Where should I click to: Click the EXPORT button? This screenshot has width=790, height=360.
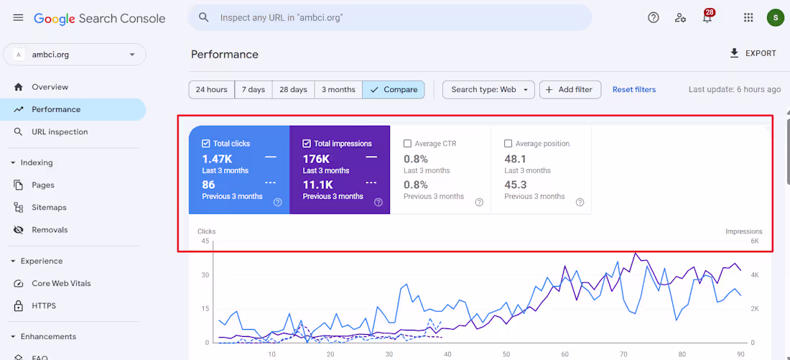click(753, 53)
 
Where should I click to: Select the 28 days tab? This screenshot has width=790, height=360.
click(293, 90)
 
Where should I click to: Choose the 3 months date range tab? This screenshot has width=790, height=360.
click(338, 90)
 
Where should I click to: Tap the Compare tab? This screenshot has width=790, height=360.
click(394, 90)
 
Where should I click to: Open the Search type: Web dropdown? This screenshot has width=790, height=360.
click(488, 90)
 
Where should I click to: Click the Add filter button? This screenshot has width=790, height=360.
click(570, 90)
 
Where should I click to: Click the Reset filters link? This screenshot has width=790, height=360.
click(634, 90)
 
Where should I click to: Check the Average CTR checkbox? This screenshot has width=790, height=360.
click(408, 144)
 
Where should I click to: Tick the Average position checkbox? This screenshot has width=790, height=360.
click(508, 144)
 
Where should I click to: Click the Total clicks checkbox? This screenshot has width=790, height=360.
click(205, 144)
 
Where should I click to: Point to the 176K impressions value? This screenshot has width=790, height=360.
click(316, 160)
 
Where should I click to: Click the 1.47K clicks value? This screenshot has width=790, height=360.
click(217, 160)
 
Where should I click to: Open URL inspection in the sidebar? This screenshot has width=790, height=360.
click(60, 132)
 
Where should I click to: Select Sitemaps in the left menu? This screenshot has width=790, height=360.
click(49, 208)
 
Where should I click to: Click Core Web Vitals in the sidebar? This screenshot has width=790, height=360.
click(61, 283)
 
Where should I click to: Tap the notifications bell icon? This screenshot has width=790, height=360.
click(707, 18)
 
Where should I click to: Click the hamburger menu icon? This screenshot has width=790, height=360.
click(18, 18)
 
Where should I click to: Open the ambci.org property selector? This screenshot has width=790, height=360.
click(75, 55)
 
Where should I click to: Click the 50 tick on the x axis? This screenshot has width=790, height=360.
click(506, 354)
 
